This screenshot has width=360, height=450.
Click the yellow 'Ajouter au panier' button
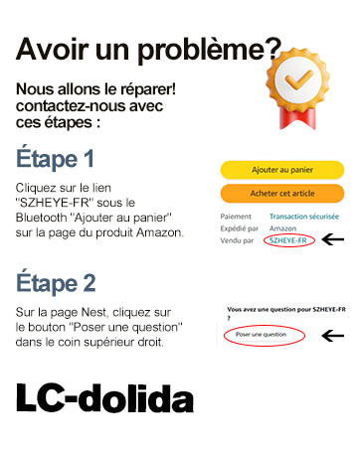[281, 170]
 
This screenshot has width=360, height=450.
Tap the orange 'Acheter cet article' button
[281, 192]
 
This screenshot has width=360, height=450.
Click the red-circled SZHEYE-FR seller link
[289, 239]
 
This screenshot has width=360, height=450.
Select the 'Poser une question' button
[260, 335]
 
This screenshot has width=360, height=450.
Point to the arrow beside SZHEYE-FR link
[333, 239]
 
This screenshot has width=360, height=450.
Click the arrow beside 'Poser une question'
[333, 336]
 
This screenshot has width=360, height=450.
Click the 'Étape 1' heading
[56, 159]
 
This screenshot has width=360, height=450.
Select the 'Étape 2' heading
[56, 281]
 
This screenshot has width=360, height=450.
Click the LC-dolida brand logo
[104, 398]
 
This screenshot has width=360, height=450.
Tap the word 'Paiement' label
[237, 216]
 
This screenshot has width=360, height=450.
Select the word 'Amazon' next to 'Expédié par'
[282, 227]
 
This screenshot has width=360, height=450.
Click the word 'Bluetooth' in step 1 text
[46, 217]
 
